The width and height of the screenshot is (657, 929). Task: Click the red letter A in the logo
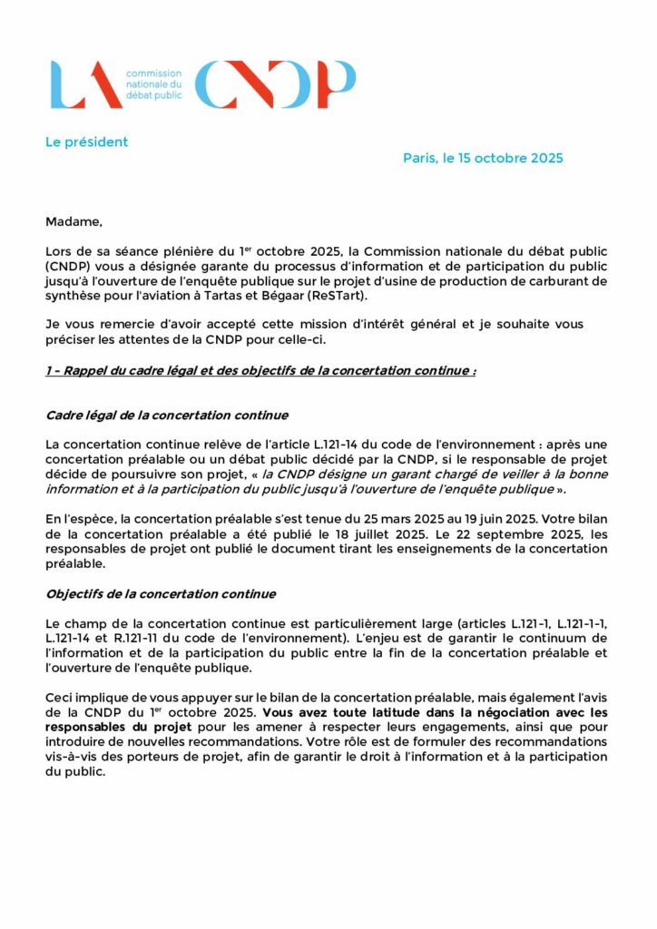click(x=102, y=85)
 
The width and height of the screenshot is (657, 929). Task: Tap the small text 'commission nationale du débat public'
click(x=153, y=83)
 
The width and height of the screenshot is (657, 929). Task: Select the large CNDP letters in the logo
click(x=275, y=84)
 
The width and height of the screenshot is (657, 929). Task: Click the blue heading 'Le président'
click(x=87, y=142)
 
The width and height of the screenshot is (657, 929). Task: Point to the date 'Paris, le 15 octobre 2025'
click(x=483, y=159)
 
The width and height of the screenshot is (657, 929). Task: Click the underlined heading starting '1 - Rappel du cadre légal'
click(x=261, y=372)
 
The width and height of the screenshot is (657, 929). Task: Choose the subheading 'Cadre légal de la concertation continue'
click(x=167, y=416)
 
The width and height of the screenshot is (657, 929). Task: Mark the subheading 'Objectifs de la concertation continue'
click(x=161, y=594)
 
